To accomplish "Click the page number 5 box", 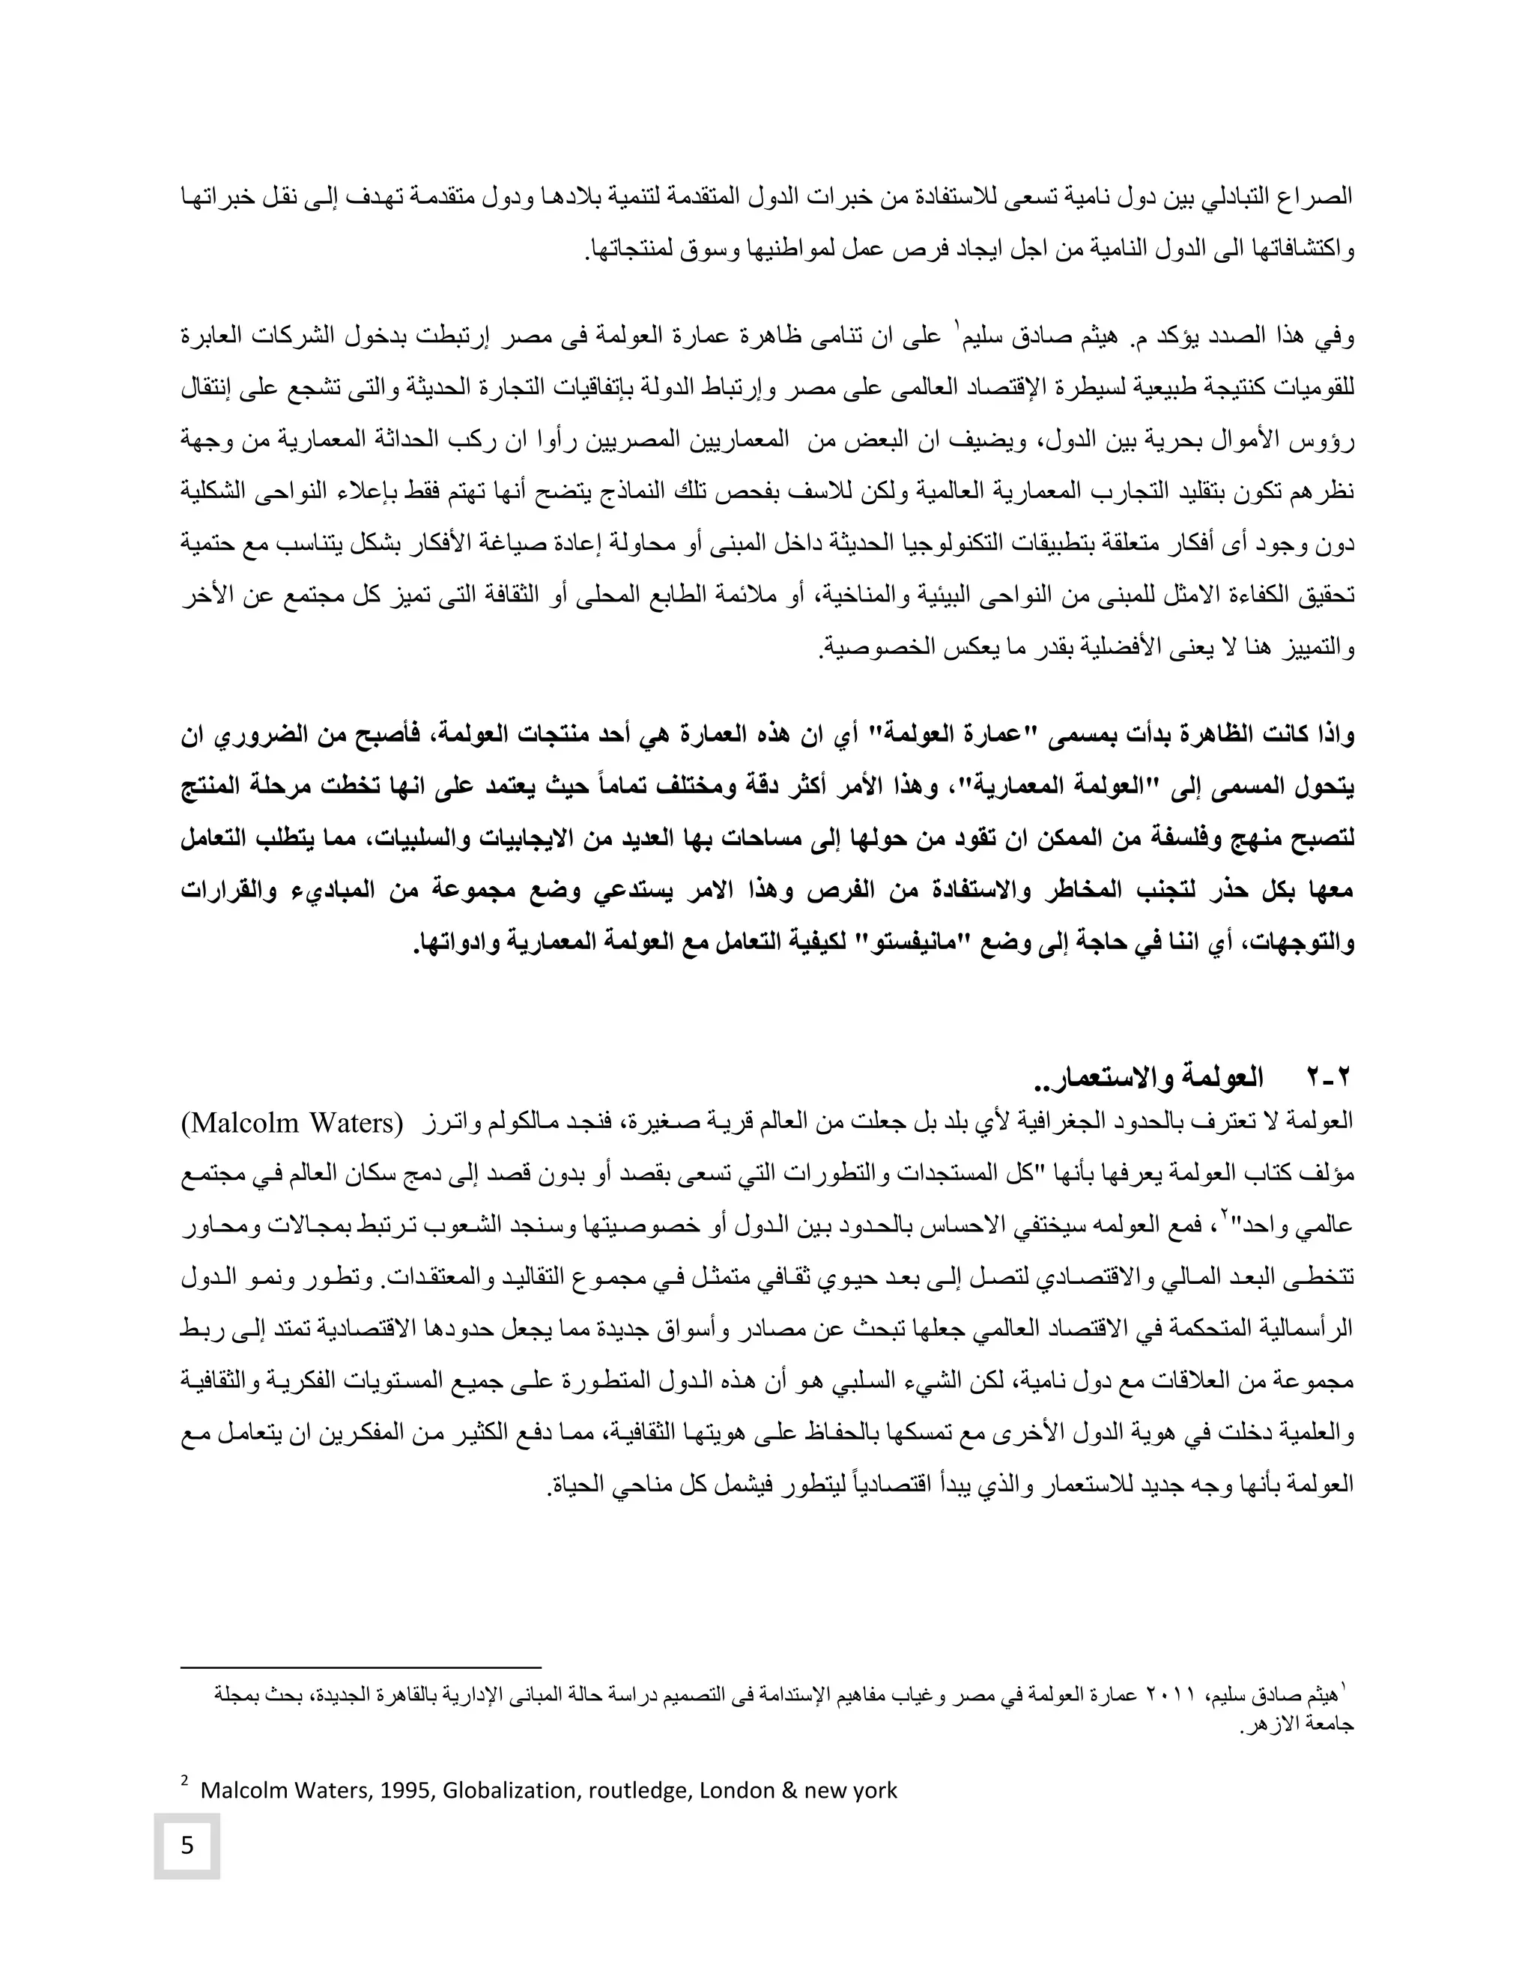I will (x=187, y=1846).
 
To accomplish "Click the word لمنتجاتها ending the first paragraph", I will (x=632, y=248).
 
